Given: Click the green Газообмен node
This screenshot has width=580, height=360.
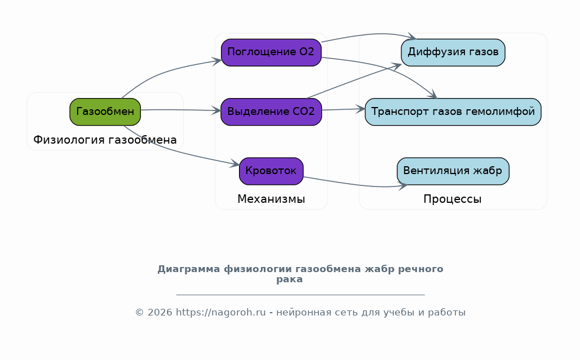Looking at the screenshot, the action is click(105, 112).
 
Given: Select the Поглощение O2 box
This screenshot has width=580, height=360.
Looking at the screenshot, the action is click(271, 52).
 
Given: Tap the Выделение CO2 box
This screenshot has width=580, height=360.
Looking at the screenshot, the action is click(271, 112).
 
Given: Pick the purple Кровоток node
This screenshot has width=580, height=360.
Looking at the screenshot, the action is click(271, 171).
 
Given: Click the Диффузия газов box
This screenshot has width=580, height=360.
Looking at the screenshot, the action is click(453, 52).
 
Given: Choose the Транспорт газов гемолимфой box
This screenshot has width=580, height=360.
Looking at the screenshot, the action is click(453, 112).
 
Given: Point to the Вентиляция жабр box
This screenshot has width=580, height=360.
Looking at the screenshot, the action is click(453, 171).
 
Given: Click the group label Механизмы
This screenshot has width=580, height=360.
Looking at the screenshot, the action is click(271, 199).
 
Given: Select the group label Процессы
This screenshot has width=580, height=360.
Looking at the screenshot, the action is click(453, 199).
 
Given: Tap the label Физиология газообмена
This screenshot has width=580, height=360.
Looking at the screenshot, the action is click(105, 140).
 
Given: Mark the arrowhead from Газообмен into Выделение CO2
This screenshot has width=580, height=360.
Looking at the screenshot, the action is click(216, 110).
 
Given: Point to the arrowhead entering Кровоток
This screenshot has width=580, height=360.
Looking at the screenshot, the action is click(235, 164).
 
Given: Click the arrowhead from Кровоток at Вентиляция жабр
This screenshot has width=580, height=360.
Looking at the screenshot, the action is click(403, 186).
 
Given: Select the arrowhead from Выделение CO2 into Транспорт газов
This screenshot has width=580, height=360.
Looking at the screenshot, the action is click(360, 109).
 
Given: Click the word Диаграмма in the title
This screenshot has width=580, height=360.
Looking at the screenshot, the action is click(189, 269).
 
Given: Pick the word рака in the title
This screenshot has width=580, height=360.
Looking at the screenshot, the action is click(289, 279).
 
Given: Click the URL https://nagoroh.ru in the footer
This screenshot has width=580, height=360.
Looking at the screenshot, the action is click(220, 312).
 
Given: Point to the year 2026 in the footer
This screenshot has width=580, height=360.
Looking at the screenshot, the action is click(160, 312).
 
